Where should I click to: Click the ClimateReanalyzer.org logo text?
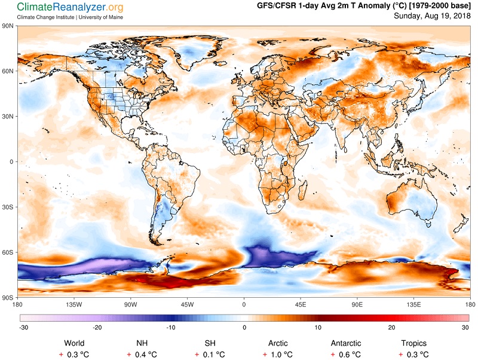tap(70, 7)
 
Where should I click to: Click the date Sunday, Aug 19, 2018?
tap(432, 16)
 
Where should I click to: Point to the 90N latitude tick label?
tap(8, 26)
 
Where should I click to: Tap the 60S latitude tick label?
tap(8, 252)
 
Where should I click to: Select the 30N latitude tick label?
tap(8, 117)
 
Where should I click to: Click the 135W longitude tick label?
tap(74, 304)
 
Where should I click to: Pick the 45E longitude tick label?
tap(301, 304)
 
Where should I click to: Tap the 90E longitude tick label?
tap(357, 304)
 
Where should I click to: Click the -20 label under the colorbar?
tap(97, 328)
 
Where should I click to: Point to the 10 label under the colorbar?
tap(318, 328)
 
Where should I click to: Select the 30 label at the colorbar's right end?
tap(465, 328)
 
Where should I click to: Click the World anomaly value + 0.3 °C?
tap(74, 355)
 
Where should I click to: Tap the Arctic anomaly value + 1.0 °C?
tap(278, 355)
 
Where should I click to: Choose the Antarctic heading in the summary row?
tap(346, 343)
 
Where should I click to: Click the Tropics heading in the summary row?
tap(413, 343)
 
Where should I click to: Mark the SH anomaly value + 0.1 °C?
tap(210, 355)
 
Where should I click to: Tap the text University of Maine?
tap(100, 17)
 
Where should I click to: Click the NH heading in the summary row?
tap(142, 343)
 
